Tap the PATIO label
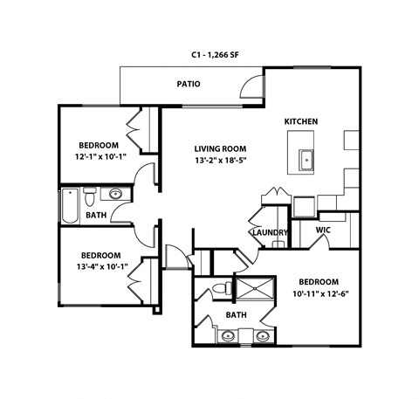coord(188,85)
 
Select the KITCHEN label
coord(300,121)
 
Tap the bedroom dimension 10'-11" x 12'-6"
coord(319,294)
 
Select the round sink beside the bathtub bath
coord(116,194)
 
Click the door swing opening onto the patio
coord(251,86)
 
